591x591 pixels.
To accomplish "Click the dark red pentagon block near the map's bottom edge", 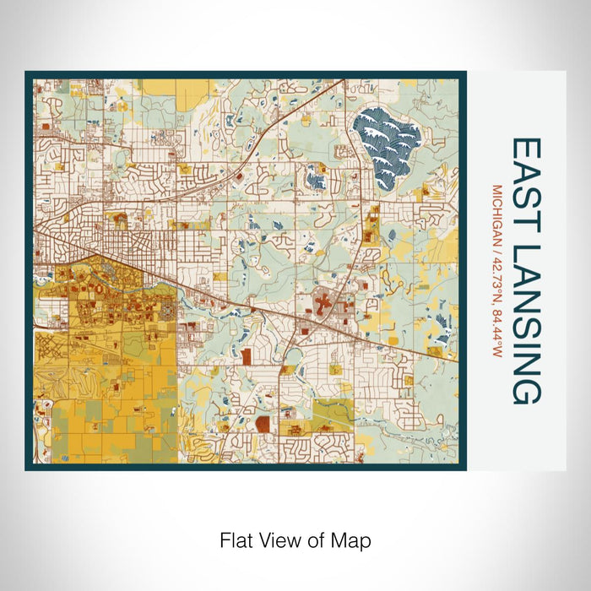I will coord(263,423).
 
